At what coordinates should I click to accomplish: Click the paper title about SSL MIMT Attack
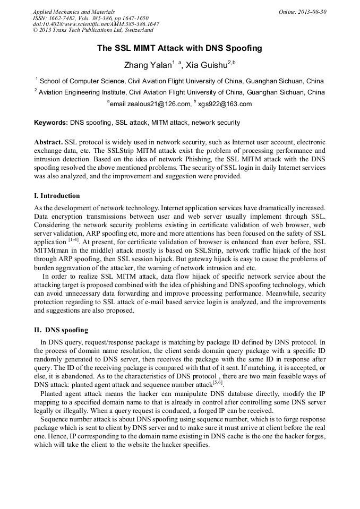(179, 48)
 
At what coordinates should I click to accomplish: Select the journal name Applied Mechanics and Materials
(74, 12)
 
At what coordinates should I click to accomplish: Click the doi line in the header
(96, 24)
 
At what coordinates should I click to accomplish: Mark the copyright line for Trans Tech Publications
(93, 31)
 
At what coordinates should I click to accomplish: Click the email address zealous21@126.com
(158, 104)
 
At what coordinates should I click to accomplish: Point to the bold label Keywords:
(51, 123)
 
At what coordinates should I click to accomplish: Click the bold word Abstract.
(48, 143)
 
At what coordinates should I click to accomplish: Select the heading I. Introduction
(57, 196)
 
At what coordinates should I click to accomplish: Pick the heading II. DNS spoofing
(61, 330)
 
